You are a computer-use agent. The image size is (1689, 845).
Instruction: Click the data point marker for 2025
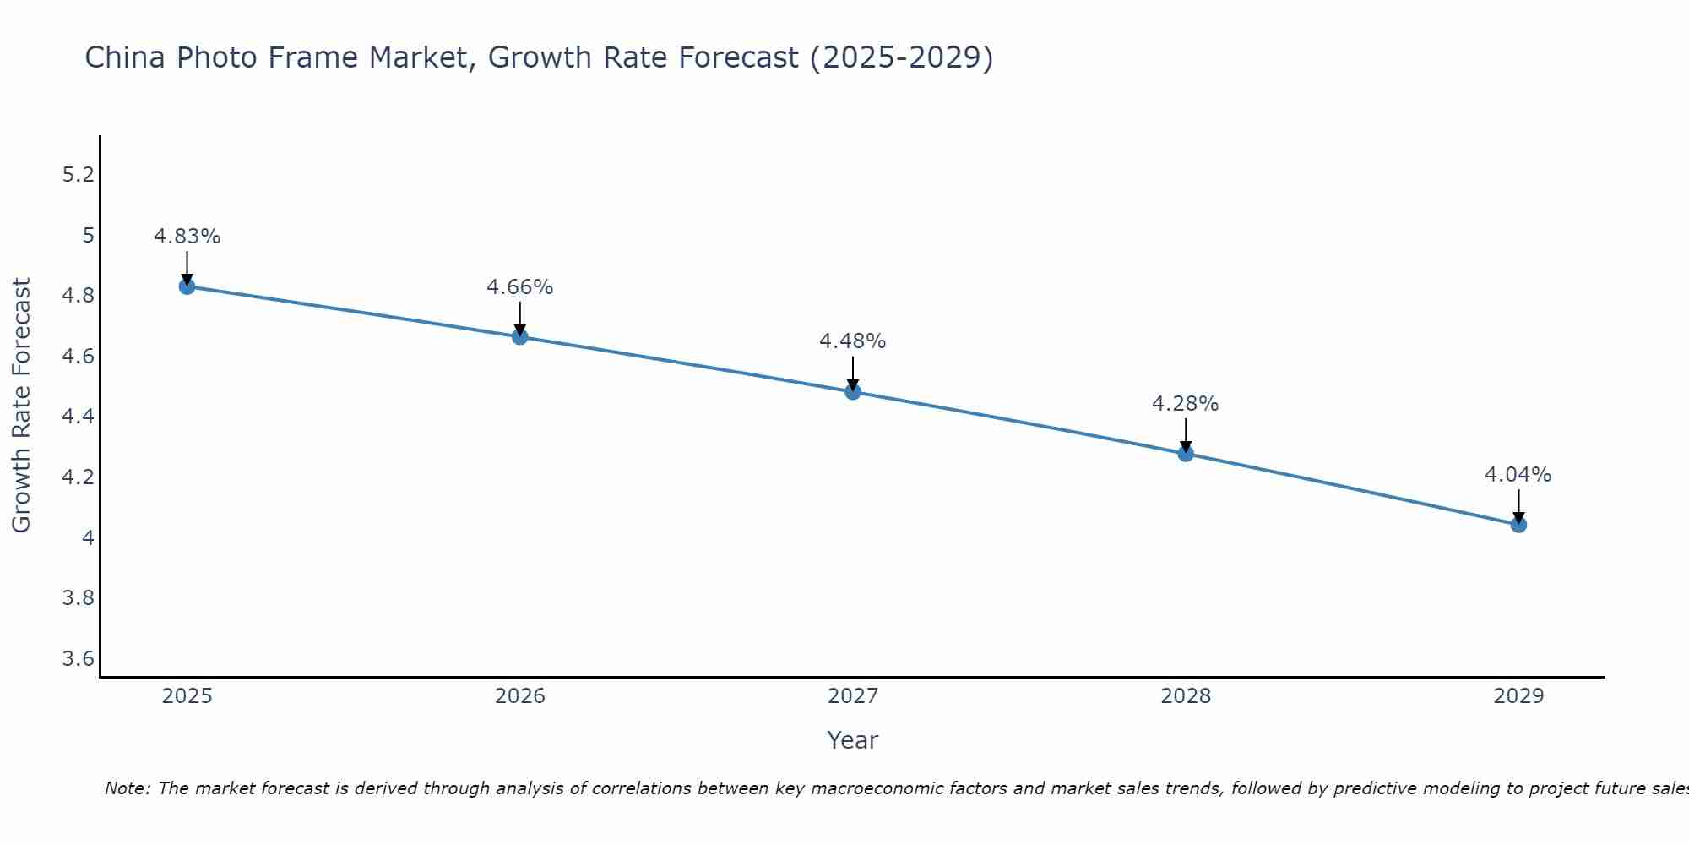(187, 286)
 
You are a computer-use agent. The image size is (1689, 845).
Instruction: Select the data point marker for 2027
(853, 392)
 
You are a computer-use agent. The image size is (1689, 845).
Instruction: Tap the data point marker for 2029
(1518, 525)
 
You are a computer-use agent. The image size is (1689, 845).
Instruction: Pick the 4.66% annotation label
(519, 287)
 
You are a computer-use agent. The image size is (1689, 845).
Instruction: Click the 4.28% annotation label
(1185, 404)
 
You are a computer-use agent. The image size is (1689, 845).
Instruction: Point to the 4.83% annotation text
(187, 237)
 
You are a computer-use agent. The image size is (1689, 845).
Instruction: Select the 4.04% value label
(1518, 475)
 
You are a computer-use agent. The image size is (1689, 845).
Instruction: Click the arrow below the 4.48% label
(853, 373)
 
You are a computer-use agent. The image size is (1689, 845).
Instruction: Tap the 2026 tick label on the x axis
(519, 696)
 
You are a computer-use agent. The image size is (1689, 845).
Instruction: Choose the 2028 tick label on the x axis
(1185, 696)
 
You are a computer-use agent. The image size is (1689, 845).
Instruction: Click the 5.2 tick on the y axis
(78, 175)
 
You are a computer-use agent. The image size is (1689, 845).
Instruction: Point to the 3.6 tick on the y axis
(78, 659)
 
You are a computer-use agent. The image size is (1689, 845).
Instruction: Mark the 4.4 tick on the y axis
(78, 417)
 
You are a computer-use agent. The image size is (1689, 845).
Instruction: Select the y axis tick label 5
(88, 235)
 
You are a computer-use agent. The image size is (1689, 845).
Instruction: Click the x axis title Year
(852, 740)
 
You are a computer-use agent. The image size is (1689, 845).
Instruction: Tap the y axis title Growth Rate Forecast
(21, 405)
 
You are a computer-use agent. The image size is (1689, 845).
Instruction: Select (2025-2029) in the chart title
(901, 58)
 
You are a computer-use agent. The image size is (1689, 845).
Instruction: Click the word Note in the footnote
(126, 788)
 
